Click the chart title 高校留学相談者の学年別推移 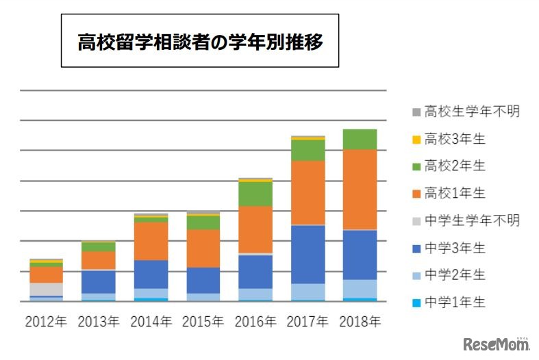(200, 41)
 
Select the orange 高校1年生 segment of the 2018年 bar (360, 190)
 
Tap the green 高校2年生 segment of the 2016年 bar (255, 194)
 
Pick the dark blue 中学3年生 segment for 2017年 (308, 254)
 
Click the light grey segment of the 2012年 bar (46, 289)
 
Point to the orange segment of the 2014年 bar (151, 241)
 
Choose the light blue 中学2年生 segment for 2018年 (360, 289)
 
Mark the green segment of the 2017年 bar (308, 150)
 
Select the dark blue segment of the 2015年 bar (203, 280)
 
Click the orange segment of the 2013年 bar (99, 260)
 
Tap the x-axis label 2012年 (46, 320)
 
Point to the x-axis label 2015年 (203, 320)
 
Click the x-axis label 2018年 (360, 320)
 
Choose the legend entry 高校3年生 (455, 139)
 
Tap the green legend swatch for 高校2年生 (416, 166)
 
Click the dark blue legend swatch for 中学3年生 (416, 248)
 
